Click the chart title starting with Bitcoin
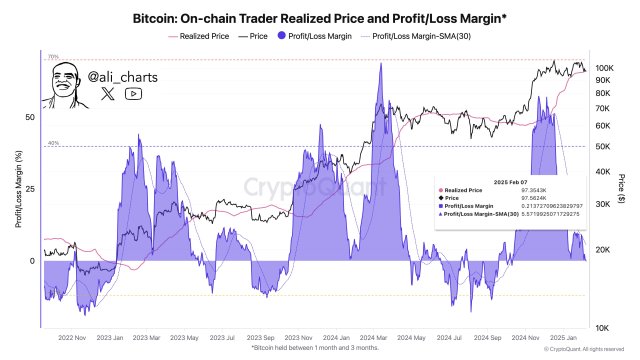[319, 18]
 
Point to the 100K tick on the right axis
[603, 68]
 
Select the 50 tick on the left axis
[29, 117]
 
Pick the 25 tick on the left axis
[29, 189]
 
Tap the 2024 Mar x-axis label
[374, 338]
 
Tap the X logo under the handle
[108, 94]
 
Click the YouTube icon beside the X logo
[134, 94]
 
